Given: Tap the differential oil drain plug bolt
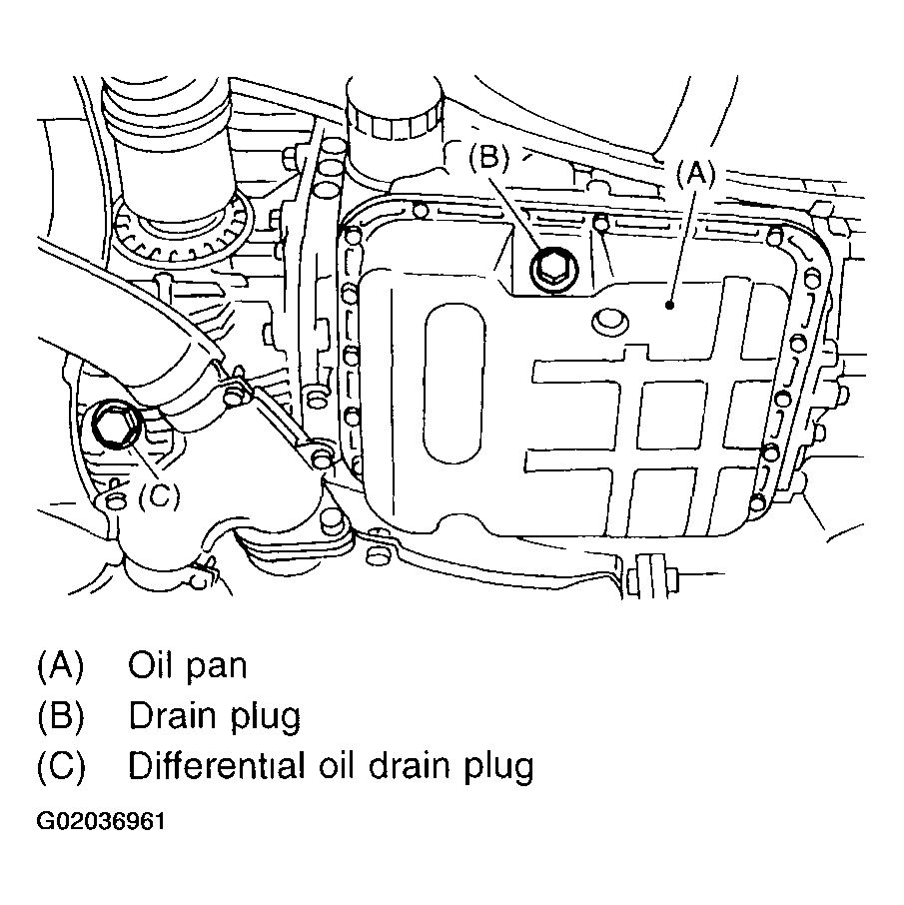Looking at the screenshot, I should pos(113,429).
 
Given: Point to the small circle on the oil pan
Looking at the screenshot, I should pos(608,322).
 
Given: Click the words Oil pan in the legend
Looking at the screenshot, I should pos(187,666).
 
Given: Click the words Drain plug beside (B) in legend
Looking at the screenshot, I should pos(214,717).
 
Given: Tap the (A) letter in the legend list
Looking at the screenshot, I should pos(60,666).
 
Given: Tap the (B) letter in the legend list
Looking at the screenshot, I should pos(60,717).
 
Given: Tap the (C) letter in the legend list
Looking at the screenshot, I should pos(60,766).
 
